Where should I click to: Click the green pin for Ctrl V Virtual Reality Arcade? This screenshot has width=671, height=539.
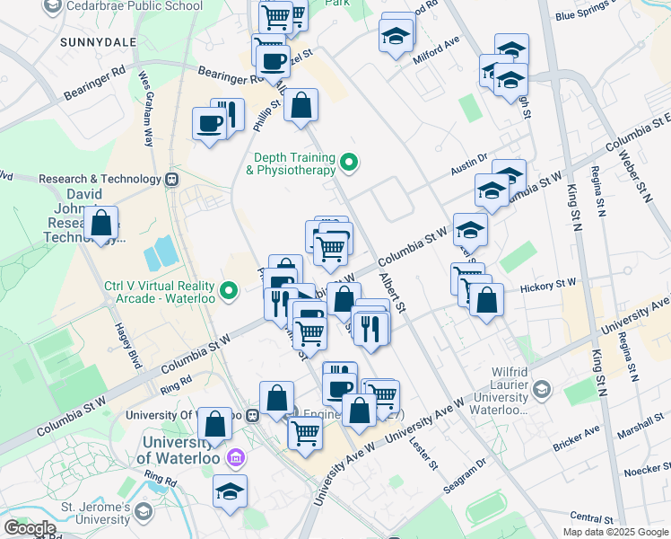229,289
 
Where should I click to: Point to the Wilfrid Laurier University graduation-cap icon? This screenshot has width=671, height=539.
541,389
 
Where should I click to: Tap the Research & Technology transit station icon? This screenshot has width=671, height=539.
172,179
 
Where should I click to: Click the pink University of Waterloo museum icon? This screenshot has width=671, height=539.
235,458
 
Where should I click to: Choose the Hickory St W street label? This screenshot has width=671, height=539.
548,285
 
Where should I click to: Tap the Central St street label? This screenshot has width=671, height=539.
591,518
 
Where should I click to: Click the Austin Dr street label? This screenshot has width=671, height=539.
467,162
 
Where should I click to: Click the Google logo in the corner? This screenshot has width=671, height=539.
29,527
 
